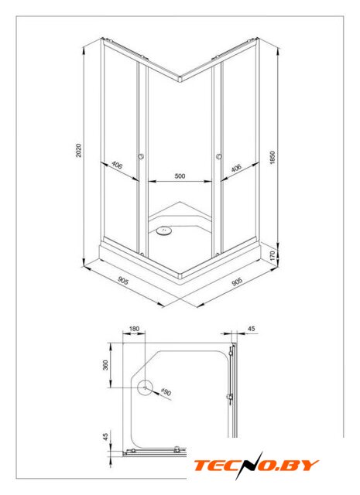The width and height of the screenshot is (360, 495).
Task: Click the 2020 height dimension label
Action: click(79, 150)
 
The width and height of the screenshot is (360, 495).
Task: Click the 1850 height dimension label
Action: click(273, 158)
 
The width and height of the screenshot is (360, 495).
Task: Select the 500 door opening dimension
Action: click(180, 176)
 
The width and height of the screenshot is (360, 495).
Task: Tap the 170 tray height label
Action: click(273, 255)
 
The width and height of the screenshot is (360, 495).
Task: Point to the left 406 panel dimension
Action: click(117, 165)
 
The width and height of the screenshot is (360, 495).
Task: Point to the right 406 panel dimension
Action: click(236, 168)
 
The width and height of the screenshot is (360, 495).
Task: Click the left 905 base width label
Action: click(123, 280)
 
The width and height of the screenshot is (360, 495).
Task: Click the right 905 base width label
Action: click(237, 282)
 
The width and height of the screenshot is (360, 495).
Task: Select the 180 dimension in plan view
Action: click(135, 329)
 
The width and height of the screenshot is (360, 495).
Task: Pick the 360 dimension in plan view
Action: click(105, 365)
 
